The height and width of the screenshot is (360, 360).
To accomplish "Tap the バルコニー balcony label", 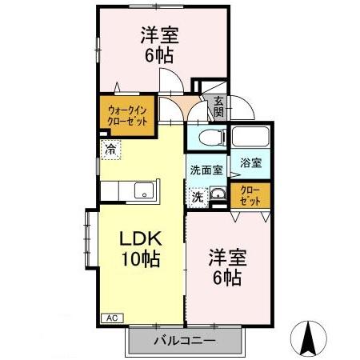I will click(x=185, y=340).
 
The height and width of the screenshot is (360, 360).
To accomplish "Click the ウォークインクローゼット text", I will click(x=127, y=113).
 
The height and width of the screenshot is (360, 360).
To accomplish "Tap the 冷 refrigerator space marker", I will click(x=109, y=148).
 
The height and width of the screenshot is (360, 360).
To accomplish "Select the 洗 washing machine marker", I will click(x=197, y=195).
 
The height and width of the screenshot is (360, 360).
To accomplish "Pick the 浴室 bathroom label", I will click(x=250, y=162).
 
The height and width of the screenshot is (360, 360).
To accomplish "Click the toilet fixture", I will click(x=210, y=137).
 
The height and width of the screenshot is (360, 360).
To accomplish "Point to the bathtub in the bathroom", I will click(x=251, y=137).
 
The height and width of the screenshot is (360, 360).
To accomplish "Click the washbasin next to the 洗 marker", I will click(x=216, y=194).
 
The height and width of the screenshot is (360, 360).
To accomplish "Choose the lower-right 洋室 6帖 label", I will click(x=227, y=268).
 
